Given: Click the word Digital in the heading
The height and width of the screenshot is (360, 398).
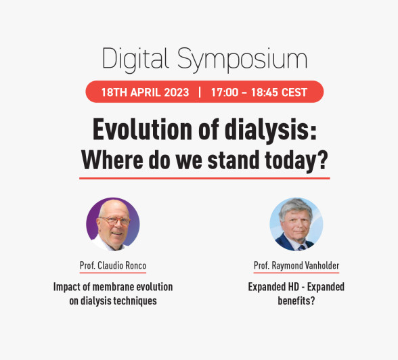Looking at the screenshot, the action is [135, 60].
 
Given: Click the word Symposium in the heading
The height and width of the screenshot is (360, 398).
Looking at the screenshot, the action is [242, 60].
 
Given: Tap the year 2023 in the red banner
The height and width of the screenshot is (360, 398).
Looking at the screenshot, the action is [177, 92].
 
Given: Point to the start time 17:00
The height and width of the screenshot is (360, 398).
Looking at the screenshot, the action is [225, 92].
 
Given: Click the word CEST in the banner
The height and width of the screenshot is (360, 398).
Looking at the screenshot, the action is [294, 92].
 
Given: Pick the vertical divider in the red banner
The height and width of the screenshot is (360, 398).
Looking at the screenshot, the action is [200, 92].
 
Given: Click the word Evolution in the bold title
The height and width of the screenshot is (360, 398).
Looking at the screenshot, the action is [142, 129].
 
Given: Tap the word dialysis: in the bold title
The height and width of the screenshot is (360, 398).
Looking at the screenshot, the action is [271, 130].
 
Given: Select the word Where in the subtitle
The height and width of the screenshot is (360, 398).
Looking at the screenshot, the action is [112, 160].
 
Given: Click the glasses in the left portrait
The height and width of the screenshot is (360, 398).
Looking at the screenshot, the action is [115, 221].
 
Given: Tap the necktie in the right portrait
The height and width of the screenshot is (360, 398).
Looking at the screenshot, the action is [301, 248].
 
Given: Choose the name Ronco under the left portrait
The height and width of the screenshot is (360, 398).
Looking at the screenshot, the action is [135, 266].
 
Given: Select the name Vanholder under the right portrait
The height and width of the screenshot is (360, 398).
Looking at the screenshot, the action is [322, 266].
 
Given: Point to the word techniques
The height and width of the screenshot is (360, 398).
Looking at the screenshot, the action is [135, 301].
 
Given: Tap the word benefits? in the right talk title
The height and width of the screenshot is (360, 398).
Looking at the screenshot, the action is [296, 301].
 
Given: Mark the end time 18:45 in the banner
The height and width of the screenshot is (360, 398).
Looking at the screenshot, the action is [265, 92].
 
